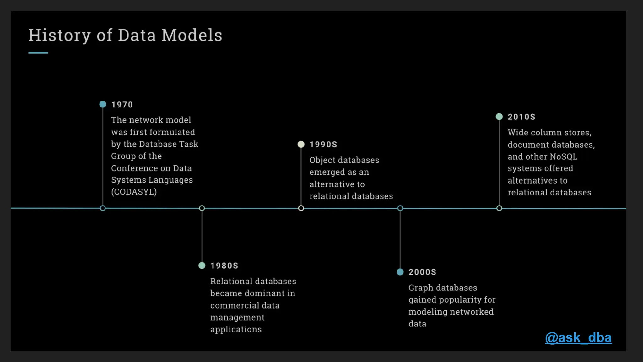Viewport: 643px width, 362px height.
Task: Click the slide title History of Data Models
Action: (x=125, y=35)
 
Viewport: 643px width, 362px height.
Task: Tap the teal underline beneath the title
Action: (x=38, y=53)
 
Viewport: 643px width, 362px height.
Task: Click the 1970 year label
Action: (x=122, y=105)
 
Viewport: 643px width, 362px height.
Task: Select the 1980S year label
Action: (x=224, y=266)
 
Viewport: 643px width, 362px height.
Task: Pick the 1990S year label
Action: (x=323, y=145)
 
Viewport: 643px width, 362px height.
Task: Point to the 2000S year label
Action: (x=422, y=272)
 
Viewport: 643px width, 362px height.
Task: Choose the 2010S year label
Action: (x=521, y=117)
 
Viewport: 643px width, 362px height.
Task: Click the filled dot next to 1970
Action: (x=103, y=104)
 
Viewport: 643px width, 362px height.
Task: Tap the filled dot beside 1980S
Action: (x=202, y=266)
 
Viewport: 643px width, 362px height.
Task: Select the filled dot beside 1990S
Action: (x=301, y=144)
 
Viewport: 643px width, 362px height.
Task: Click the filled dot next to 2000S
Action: (x=400, y=272)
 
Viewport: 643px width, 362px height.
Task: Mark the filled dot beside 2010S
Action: (x=499, y=117)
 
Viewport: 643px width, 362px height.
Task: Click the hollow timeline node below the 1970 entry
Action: (x=103, y=208)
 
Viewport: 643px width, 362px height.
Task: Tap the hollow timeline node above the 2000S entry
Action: (x=400, y=208)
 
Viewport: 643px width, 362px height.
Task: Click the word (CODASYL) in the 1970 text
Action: (x=134, y=192)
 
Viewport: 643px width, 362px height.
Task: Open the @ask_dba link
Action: (x=578, y=338)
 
